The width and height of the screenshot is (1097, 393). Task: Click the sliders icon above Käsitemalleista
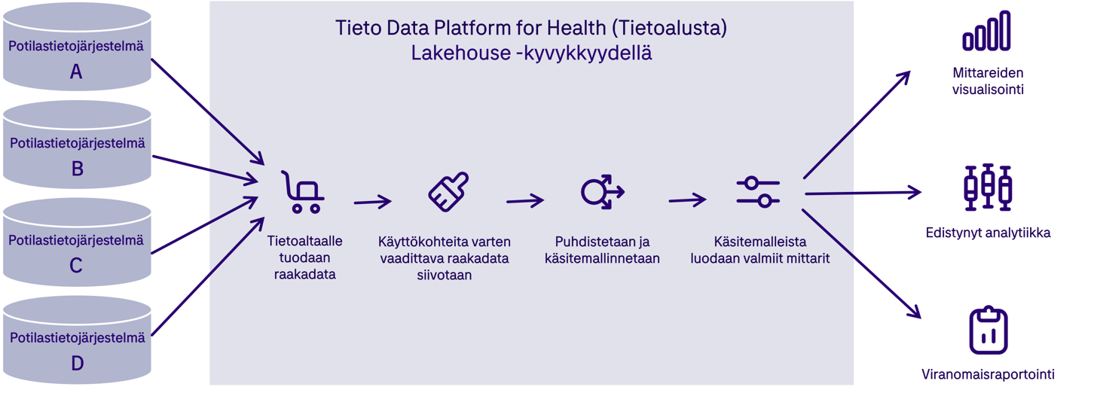[757, 191]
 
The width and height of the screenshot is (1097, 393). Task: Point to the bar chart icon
[985, 32]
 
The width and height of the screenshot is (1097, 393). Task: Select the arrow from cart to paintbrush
[372, 202]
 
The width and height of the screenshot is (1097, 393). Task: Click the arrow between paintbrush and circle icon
[524, 201]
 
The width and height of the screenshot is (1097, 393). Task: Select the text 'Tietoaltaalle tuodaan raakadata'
[305, 257]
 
